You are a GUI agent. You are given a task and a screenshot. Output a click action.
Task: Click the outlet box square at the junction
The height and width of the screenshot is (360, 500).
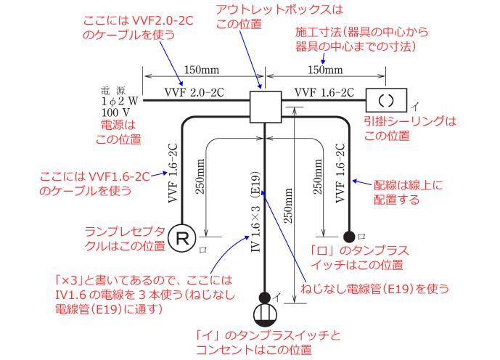(265, 106)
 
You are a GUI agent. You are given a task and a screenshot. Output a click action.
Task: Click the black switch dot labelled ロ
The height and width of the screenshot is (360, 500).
(350, 236)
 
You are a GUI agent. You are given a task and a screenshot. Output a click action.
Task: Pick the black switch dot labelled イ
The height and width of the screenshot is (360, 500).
(265, 296)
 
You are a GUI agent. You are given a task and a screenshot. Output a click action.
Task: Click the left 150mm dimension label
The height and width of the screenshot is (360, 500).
(198, 70)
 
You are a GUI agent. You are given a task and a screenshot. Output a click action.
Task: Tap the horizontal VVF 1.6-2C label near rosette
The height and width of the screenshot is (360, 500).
(324, 92)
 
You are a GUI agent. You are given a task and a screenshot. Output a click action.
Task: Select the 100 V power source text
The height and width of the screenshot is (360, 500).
(115, 112)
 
